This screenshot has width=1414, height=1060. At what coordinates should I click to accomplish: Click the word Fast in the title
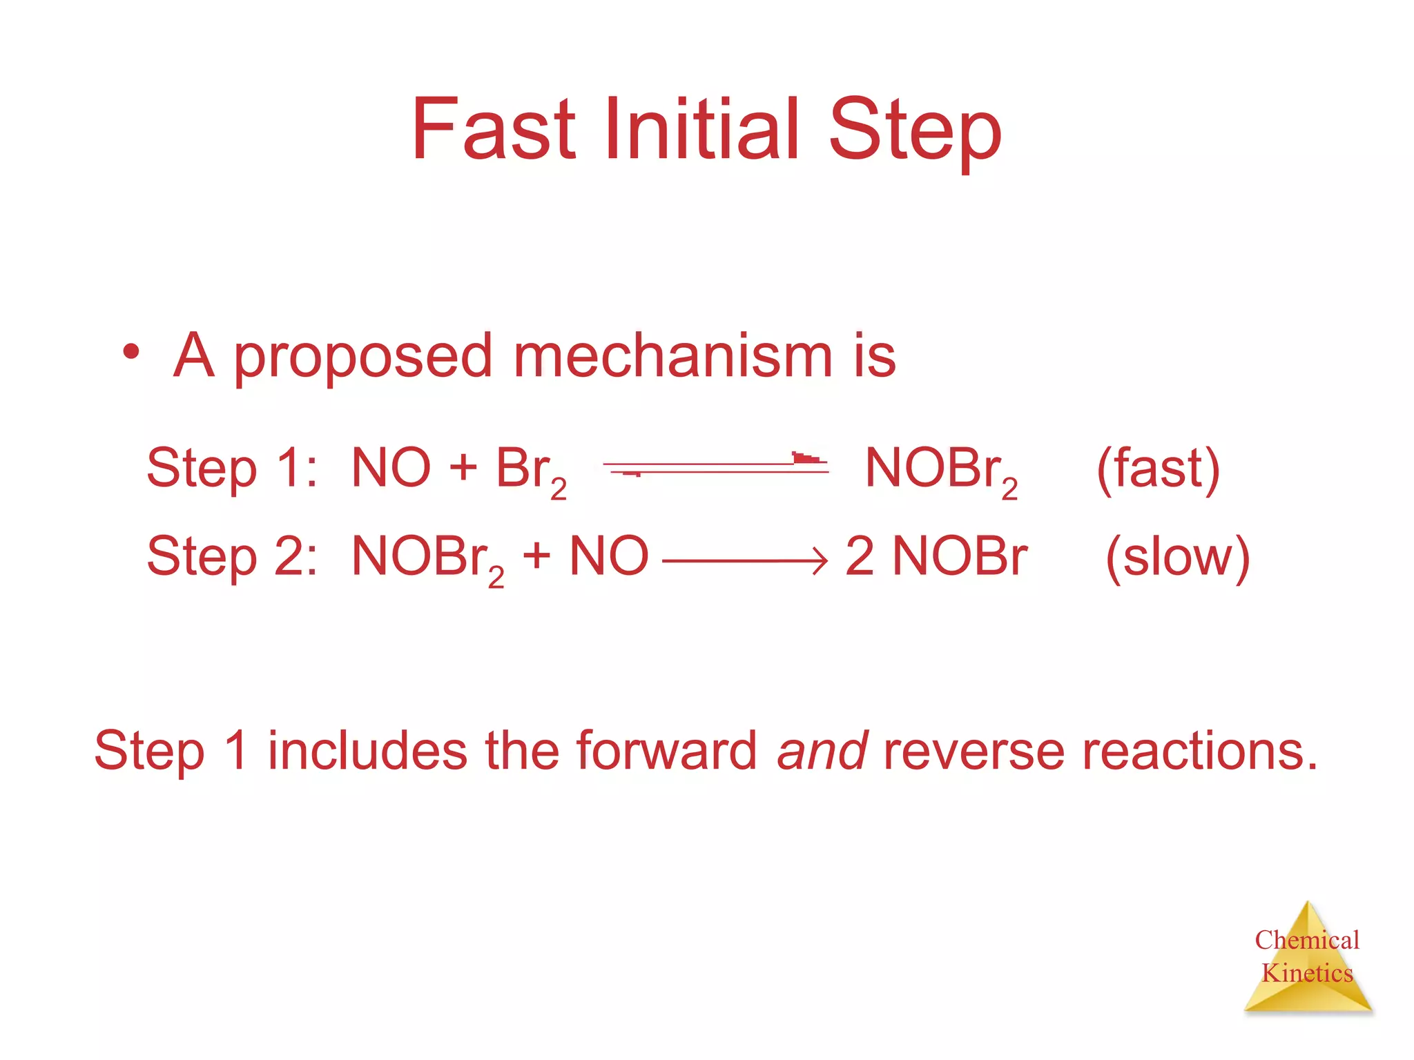coord(493,129)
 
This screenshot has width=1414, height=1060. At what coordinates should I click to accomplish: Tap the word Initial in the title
coord(701,129)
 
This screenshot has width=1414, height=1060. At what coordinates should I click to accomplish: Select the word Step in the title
coord(915,131)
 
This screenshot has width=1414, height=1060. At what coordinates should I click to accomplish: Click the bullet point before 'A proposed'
coord(130,352)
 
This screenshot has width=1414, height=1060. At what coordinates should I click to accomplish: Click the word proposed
coord(362,359)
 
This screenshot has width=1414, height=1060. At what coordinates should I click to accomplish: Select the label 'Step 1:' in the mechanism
coord(232,469)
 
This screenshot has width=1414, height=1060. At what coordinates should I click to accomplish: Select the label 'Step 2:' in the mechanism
coord(232,556)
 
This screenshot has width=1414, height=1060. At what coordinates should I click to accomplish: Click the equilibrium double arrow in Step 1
coord(715,467)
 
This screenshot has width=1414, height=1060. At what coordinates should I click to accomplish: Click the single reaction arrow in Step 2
coord(744,560)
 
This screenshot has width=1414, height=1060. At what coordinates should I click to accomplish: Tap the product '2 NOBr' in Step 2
coord(936,556)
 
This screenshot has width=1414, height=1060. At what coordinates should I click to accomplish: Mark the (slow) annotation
coord(1178,558)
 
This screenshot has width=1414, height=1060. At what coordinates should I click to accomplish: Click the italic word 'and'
coord(822,751)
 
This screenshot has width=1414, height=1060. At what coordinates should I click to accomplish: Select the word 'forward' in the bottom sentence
coord(666,751)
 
